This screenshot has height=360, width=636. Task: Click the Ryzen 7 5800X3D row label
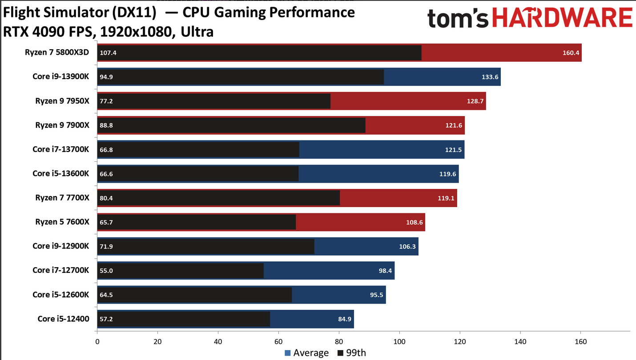click(57, 52)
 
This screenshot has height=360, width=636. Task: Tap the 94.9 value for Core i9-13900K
click(107, 77)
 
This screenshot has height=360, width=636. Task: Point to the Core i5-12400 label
click(63, 319)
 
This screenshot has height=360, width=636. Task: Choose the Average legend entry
click(307, 353)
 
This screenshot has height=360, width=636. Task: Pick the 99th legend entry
click(352, 353)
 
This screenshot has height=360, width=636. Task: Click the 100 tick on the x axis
click(399, 342)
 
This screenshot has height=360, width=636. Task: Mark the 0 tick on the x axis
click(97, 342)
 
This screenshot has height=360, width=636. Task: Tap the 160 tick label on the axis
click(581, 342)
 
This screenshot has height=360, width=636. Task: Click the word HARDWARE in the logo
click(563, 19)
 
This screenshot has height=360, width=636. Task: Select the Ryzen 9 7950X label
click(62, 101)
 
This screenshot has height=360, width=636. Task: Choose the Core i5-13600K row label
click(61, 173)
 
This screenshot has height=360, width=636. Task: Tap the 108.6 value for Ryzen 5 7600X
click(415, 222)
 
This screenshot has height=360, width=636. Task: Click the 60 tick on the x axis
click(278, 342)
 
